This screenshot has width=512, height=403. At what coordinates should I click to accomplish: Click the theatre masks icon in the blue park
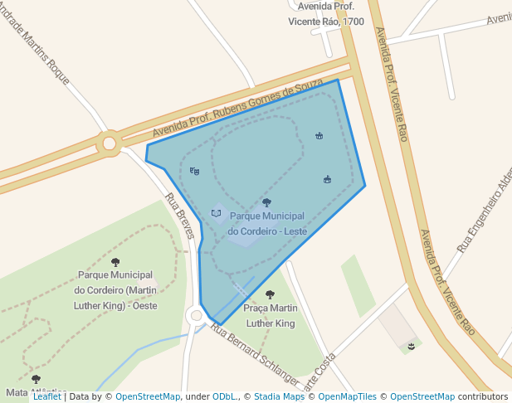pyautogui.click(x=195, y=171)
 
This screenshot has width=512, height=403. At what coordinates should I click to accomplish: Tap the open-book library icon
pyautogui.click(x=217, y=213)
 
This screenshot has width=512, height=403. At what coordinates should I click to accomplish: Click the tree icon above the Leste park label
pyautogui.click(x=266, y=201)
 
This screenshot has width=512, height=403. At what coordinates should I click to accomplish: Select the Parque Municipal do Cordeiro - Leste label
pyautogui.click(x=268, y=223)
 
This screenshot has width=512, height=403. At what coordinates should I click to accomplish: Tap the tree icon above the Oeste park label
pyautogui.click(x=115, y=262)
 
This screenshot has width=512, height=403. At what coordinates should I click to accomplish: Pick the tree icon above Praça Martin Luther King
pyautogui.click(x=270, y=294)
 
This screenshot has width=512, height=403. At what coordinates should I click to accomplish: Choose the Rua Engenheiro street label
pyautogui.click(x=486, y=207)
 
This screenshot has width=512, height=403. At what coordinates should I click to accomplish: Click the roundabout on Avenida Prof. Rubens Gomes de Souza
pyautogui.click(x=109, y=144)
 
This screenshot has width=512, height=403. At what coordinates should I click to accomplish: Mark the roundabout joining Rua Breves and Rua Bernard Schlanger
pyautogui.click(x=196, y=315)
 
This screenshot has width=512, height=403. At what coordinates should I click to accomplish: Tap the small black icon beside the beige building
pyautogui.click(x=410, y=345)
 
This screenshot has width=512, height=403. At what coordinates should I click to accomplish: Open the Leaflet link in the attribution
pyautogui.click(x=47, y=396)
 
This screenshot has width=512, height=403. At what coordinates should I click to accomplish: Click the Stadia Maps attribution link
pyautogui.click(x=279, y=396)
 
